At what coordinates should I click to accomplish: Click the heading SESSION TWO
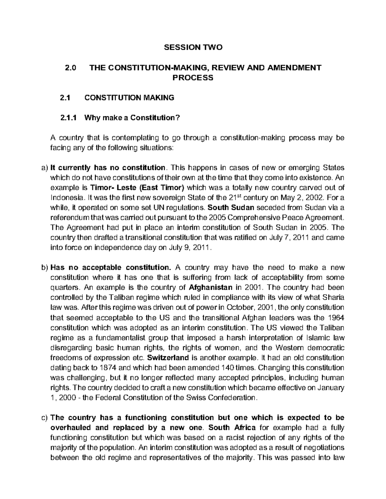tap(193, 48)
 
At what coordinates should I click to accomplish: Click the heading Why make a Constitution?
tap(131, 118)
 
